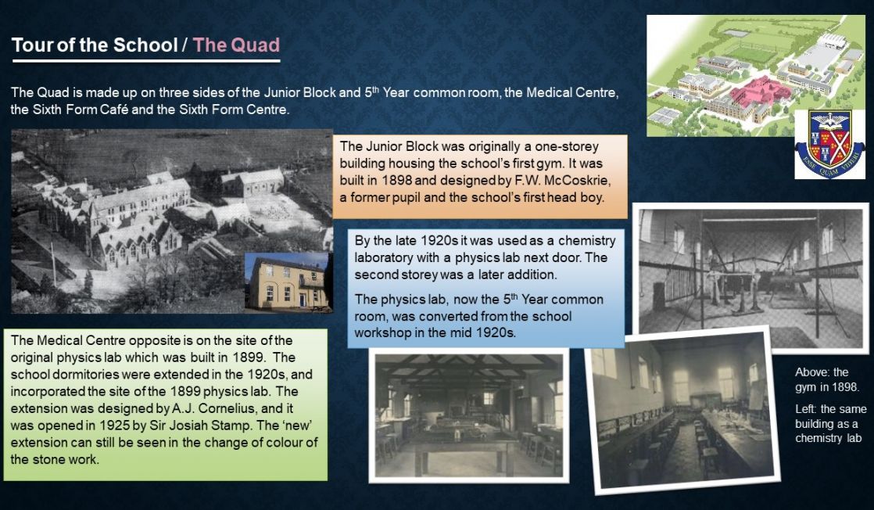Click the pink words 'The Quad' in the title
point(236,45)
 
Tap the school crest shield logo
point(829,144)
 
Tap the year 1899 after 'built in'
point(248,357)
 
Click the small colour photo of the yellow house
point(288,282)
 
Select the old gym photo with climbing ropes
point(750,278)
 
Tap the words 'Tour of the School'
point(94,45)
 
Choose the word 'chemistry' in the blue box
point(587,240)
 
